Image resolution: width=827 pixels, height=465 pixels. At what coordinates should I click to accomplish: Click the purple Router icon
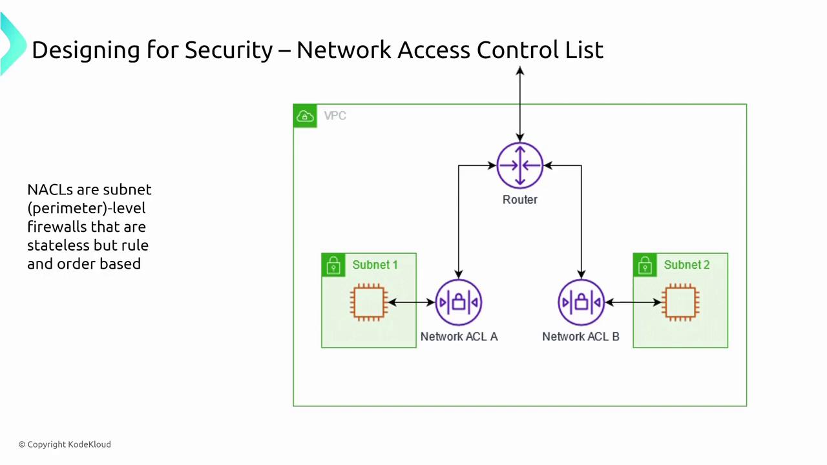[519, 165]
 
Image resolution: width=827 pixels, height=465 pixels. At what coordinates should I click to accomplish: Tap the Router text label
[519, 200]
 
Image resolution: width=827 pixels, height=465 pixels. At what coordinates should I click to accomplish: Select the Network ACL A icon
[458, 302]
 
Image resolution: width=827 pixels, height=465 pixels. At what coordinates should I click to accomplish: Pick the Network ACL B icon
[581, 302]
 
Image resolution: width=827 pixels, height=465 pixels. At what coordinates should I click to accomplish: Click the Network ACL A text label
[459, 336]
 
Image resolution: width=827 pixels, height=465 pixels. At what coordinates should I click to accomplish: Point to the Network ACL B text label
[580, 336]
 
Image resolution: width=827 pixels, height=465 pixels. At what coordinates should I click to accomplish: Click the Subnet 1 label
[375, 265]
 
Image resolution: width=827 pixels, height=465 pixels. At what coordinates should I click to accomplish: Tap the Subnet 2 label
[686, 265]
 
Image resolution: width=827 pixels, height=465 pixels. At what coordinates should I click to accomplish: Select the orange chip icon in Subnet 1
[369, 302]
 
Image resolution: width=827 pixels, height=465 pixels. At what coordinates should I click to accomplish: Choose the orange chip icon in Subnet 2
[680, 302]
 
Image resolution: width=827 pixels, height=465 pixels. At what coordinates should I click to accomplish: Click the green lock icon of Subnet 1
[333, 265]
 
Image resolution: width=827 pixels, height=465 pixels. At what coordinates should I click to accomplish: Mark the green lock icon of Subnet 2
[645, 265]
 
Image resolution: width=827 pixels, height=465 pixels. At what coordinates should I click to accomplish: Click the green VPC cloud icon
[305, 116]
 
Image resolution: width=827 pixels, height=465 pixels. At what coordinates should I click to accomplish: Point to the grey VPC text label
[335, 116]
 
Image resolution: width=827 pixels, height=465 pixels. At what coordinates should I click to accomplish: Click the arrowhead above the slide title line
[519, 70]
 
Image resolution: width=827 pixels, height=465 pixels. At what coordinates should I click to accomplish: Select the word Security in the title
[229, 50]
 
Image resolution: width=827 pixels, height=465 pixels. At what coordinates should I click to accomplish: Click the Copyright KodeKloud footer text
[65, 444]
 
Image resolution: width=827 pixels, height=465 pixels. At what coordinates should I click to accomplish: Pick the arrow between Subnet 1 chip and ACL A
[411, 302]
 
